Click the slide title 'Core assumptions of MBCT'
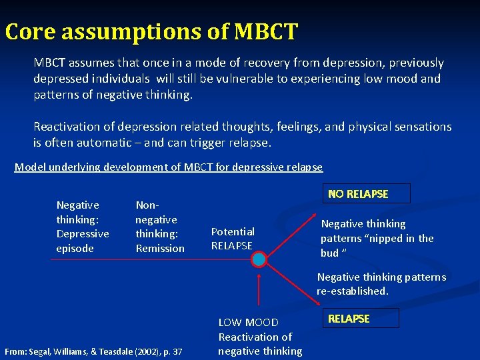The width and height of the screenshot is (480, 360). [151, 31]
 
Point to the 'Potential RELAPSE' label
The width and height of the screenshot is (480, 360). [233, 238]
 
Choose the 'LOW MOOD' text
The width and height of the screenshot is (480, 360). [249, 323]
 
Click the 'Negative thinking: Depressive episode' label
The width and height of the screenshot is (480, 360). [83, 227]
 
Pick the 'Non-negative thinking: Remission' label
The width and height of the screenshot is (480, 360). [160, 227]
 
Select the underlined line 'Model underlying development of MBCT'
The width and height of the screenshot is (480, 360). [168, 167]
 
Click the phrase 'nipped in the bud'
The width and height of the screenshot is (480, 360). [377, 245]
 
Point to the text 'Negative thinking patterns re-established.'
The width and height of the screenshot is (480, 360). [381, 284]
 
